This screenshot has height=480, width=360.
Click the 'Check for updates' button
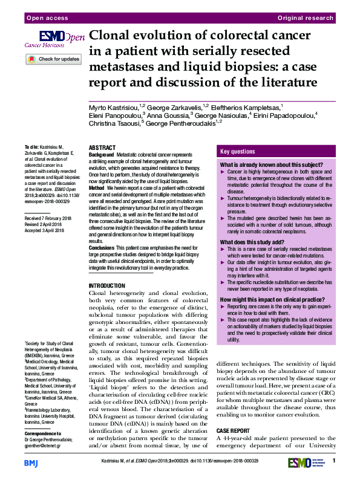tap(53, 59)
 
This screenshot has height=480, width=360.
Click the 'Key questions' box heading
tap(238, 152)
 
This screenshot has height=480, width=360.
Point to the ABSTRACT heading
tap(102, 148)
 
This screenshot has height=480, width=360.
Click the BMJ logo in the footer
tap(31, 463)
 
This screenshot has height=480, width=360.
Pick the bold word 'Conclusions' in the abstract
tap(101, 248)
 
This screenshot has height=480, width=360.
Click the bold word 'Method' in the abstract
tap(97, 189)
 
